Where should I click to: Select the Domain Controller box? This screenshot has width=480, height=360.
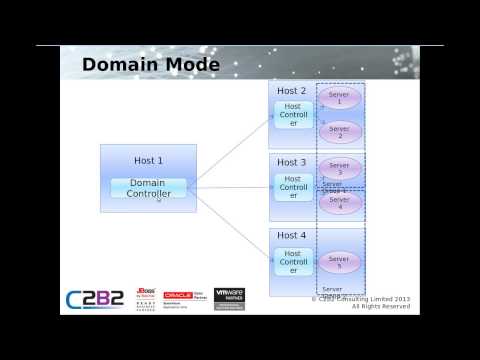tap(149, 188)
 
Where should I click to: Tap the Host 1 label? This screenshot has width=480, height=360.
tap(148, 160)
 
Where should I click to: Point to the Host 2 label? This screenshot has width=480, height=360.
tap(292, 91)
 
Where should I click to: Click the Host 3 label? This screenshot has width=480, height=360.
tap(292, 162)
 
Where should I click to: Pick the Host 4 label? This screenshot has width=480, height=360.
tap(292, 236)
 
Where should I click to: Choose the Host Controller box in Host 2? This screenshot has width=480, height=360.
tap(293, 114)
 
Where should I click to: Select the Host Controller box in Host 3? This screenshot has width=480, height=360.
tap(293, 187)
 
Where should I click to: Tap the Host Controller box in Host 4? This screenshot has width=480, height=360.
tap(293, 261)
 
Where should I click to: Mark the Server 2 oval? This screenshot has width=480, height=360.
tap(339, 132)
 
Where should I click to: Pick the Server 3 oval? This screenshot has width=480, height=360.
tap(339, 168)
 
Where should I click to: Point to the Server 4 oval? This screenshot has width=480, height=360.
tap(339, 203)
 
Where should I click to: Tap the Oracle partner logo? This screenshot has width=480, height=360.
tap(185, 298)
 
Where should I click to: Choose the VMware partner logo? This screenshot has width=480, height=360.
tap(229, 297)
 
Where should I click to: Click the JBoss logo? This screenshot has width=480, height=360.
tap(144, 298)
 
